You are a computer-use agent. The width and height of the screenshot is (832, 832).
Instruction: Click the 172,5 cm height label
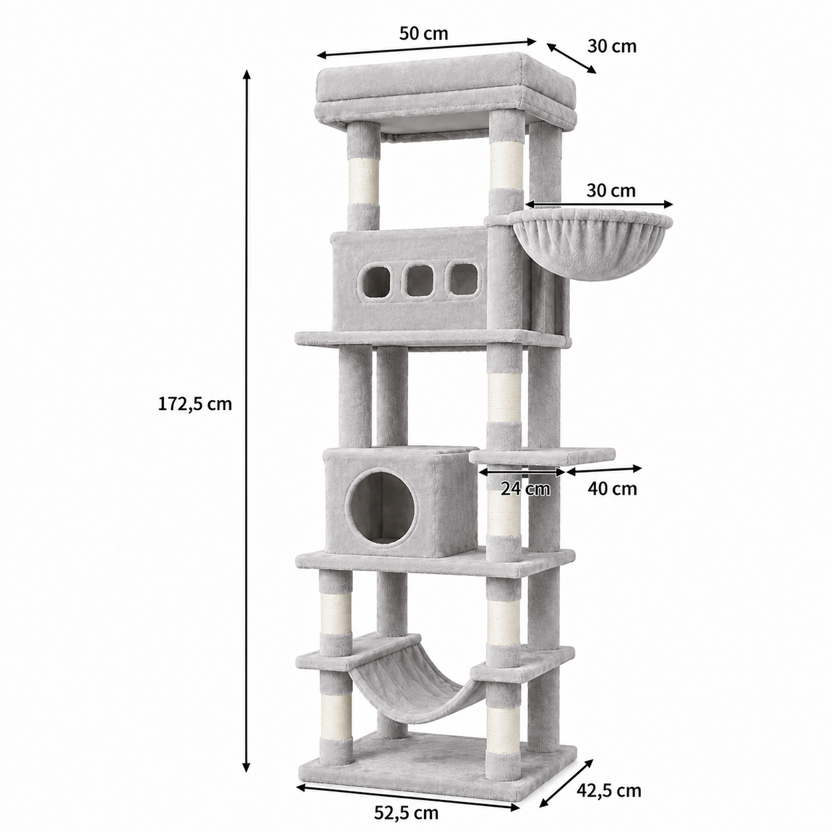pos(195,404)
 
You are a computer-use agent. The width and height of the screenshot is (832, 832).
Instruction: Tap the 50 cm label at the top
pos(423,33)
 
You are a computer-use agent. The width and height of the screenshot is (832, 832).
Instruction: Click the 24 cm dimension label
pos(525,489)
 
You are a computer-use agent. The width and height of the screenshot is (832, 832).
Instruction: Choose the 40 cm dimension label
pos(612,489)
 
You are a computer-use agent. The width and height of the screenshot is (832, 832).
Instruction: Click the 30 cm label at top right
pos(612,46)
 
